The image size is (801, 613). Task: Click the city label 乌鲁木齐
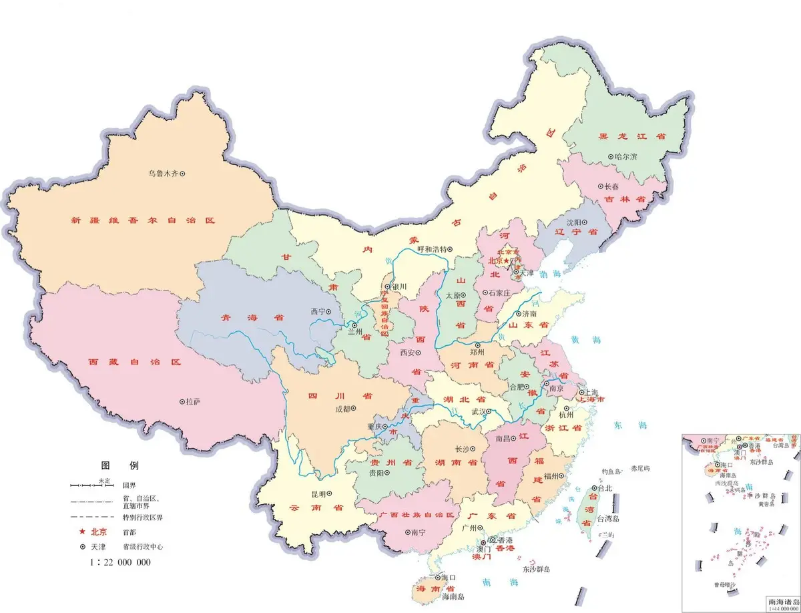click(163, 174)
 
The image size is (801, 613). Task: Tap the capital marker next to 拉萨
click(182, 402)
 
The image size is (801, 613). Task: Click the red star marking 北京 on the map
click(507, 261)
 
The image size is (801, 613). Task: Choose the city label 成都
click(340, 409)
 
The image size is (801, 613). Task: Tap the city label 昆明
click(318, 494)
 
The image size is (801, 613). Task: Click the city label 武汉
click(479, 412)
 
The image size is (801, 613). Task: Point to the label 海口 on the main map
click(448, 578)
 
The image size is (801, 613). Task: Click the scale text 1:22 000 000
click(121, 562)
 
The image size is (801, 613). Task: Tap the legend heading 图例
click(119, 465)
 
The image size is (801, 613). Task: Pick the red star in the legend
click(83, 532)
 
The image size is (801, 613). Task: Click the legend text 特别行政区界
click(143, 518)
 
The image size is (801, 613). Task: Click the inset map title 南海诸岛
click(782, 601)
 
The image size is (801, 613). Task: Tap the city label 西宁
click(318, 312)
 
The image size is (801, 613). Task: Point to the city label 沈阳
click(573, 222)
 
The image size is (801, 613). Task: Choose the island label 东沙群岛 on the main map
click(536, 570)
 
